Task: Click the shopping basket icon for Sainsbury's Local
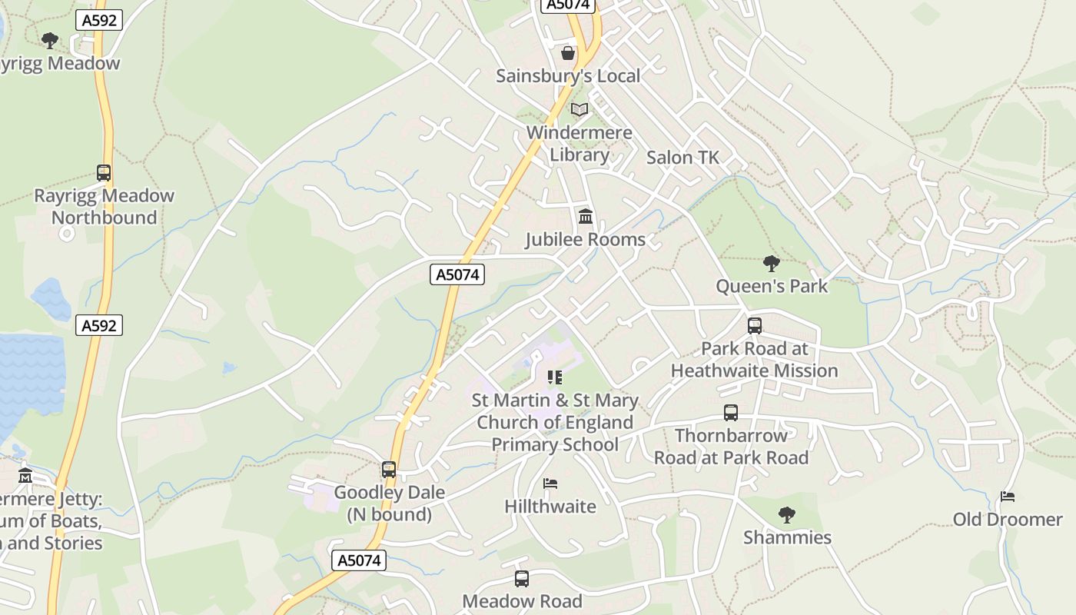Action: pyautogui.click(x=568, y=52)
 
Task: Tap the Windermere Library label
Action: pyautogui.click(x=580, y=144)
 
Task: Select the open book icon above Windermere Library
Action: pyautogui.click(x=580, y=110)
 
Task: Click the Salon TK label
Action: pyautogui.click(x=682, y=158)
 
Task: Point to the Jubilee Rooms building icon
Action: pyautogui.click(x=586, y=217)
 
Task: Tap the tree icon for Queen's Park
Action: pyautogui.click(x=772, y=264)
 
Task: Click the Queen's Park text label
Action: pyautogui.click(x=772, y=286)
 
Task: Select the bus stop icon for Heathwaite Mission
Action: pyautogui.click(x=755, y=326)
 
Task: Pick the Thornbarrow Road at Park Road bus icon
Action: pyautogui.click(x=731, y=413)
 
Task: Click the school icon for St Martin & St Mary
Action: pyautogui.click(x=554, y=377)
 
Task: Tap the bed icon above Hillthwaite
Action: pyautogui.click(x=550, y=484)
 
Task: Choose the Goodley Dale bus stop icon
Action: pyautogui.click(x=389, y=469)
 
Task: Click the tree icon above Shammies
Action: pyautogui.click(x=786, y=514)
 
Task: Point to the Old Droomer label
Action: pyautogui.click(x=1008, y=520)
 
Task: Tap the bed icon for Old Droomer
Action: pyautogui.click(x=1008, y=497)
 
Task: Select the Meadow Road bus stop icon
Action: pyautogui.click(x=522, y=579)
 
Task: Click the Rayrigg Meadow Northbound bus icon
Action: pyautogui.click(x=104, y=173)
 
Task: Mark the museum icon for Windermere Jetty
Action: pyautogui.click(x=25, y=475)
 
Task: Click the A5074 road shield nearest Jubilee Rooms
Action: pyautogui.click(x=457, y=274)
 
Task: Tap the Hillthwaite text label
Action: pyautogui.click(x=550, y=506)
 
